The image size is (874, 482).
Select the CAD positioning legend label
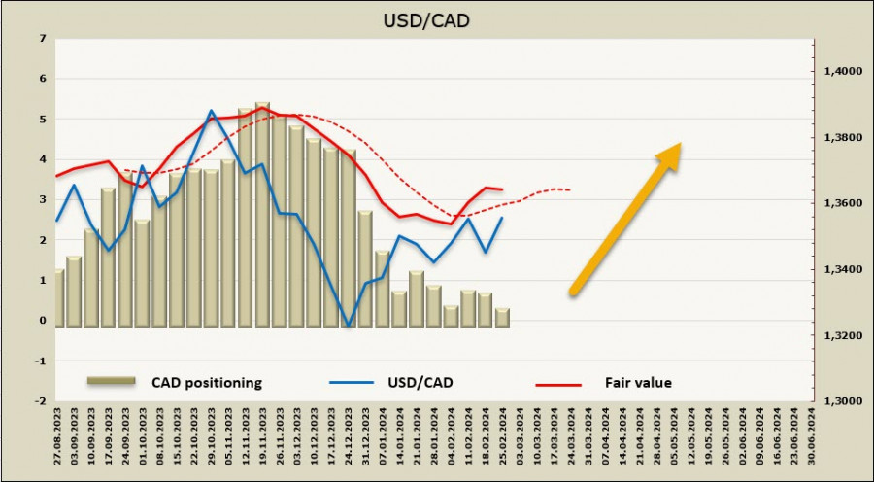207,383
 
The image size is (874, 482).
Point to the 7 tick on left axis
42,39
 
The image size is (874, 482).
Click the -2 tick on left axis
40,400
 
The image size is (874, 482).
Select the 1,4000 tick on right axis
842,72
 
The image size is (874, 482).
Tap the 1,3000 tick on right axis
842,400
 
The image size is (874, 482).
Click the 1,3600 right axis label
842,203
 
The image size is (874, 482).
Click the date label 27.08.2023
58,440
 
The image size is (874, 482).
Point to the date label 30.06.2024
809,440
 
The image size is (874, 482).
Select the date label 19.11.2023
263,440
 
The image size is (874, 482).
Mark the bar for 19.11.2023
262,214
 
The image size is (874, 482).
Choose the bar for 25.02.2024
502,318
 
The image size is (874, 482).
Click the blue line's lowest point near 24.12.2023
348,327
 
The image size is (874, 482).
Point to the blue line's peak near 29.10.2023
212,111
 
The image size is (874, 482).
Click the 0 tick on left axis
42,321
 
